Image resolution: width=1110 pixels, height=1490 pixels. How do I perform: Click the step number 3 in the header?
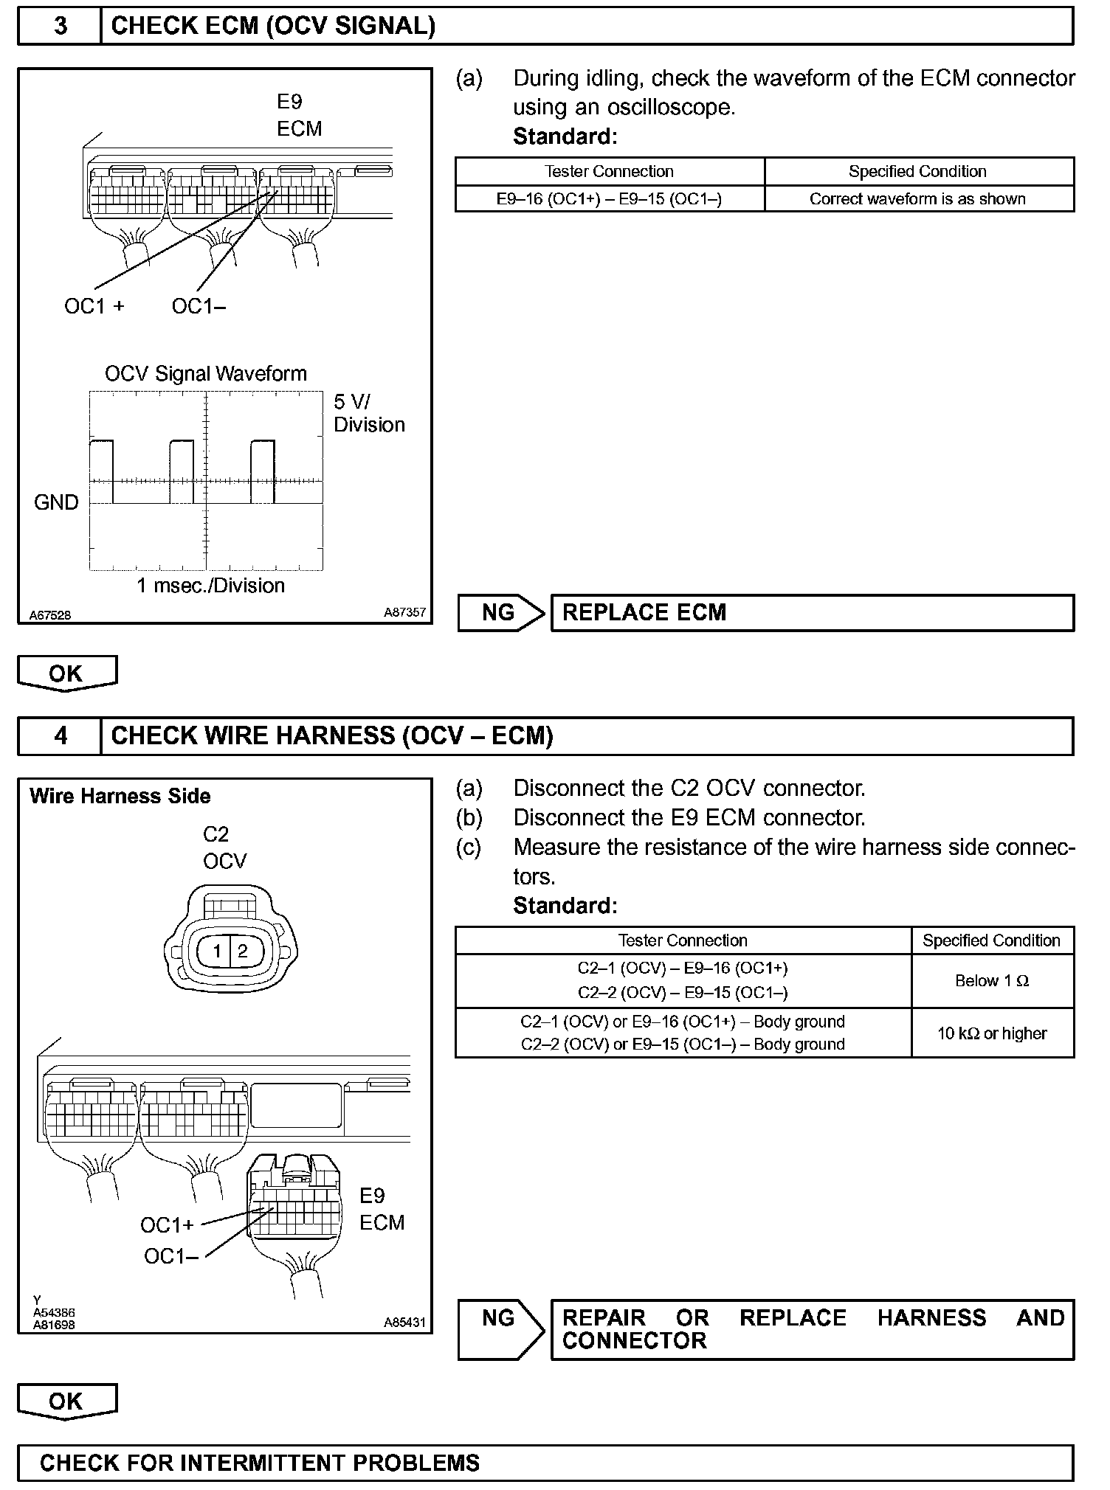60,27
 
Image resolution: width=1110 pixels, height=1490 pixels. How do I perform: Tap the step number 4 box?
60,736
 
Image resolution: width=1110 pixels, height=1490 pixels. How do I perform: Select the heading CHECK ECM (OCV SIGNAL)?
273,27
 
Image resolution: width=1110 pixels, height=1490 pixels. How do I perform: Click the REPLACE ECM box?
812,613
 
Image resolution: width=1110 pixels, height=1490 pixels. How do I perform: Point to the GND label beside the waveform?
56,503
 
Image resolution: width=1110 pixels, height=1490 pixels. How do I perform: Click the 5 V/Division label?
368,413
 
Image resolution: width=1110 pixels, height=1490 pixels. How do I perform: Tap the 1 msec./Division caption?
210,586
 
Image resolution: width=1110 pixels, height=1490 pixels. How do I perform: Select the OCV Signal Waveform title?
205,374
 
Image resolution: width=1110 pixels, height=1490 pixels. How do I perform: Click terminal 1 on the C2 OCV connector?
217,951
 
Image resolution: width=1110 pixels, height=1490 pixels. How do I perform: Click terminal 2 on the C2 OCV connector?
242,951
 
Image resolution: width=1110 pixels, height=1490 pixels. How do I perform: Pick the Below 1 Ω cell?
992,981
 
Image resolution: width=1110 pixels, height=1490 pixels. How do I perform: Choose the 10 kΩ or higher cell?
992,1033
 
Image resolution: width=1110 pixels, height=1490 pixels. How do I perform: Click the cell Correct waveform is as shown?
917,199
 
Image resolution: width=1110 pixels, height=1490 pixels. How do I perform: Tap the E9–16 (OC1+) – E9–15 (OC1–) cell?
609,199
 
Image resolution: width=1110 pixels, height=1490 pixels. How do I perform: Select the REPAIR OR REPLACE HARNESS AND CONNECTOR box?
812,1329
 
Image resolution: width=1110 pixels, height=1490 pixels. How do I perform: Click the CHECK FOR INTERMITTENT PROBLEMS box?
545,1463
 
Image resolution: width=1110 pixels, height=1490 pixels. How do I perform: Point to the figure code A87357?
404,613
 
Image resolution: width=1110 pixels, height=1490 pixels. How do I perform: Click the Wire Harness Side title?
120,797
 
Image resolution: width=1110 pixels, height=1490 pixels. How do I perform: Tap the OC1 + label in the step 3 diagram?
94,307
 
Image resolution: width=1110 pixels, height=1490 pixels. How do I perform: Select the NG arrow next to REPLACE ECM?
500,613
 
